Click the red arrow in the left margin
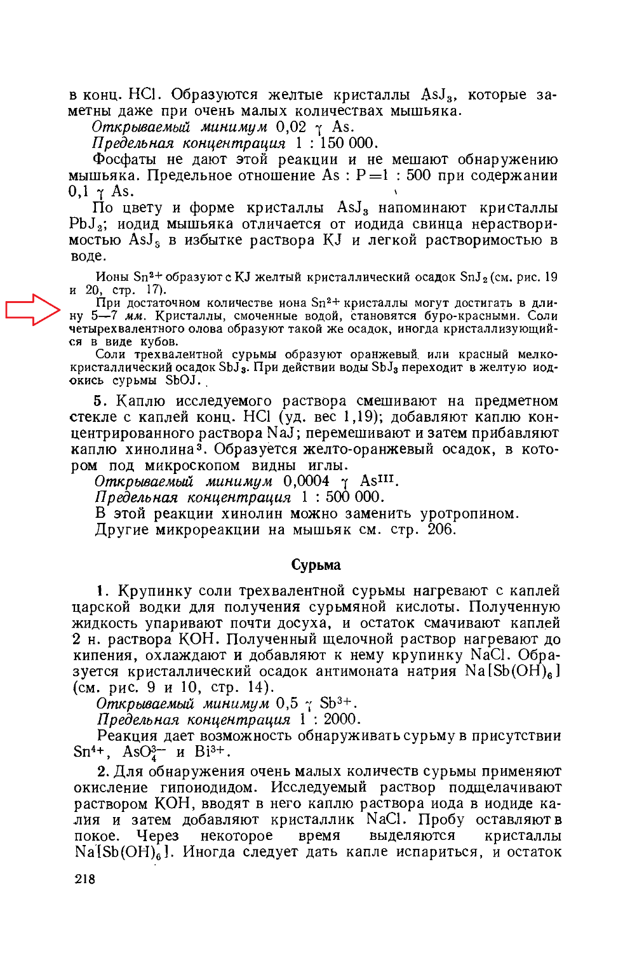pyautogui.click(x=32, y=309)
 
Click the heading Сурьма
pyautogui.click(x=316, y=565)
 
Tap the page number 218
pyautogui.click(x=84, y=879)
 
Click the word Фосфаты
pyautogui.click(x=125, y=159)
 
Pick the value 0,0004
pyautogui.click(x=306, y=481)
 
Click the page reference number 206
pyautogui.click(x=441, y=529)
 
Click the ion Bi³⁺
pyautogui.click(x=211, y=752)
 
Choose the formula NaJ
pyautogui.click(x=279, y=433)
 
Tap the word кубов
pyautogui.click(x=159, y=342)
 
